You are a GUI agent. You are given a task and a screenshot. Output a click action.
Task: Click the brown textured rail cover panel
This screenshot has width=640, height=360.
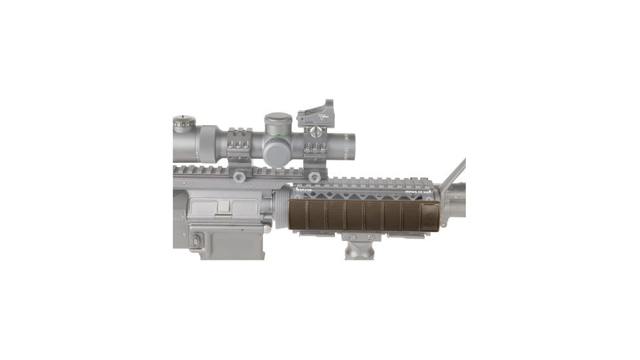(x=360, y=215)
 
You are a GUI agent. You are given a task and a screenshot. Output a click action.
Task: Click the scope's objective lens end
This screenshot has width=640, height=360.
(x=350, y=139)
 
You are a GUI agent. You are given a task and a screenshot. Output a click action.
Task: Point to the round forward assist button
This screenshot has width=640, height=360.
(x=194, y=242)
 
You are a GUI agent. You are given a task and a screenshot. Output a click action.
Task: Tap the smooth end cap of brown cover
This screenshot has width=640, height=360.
(x=433, y=215)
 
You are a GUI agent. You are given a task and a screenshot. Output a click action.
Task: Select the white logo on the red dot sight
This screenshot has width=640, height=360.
(x=322, y=117)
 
